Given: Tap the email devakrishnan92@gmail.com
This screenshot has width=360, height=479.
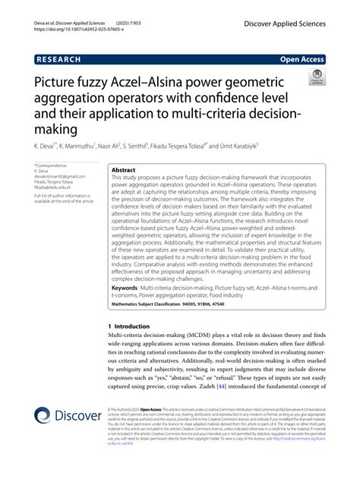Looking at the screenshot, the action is click(60, 176).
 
